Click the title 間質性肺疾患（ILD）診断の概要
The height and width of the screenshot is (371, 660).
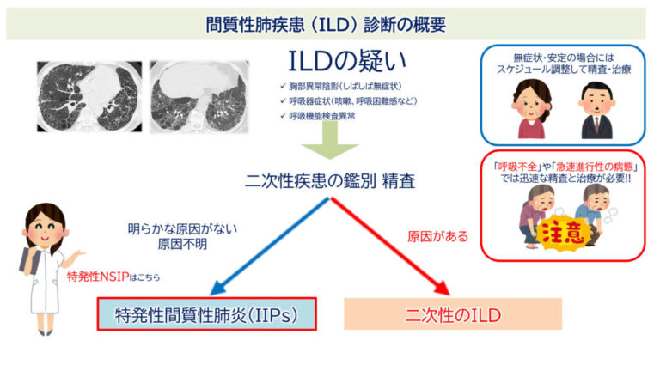tap(331, 23)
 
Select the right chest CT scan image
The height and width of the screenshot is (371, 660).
tap(199, 94)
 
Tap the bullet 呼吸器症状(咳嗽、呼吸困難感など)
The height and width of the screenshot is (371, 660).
tap(343, 101)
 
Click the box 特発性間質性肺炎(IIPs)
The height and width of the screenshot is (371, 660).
tap(207, 314)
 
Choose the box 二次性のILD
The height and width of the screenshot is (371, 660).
tap(453, 314)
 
